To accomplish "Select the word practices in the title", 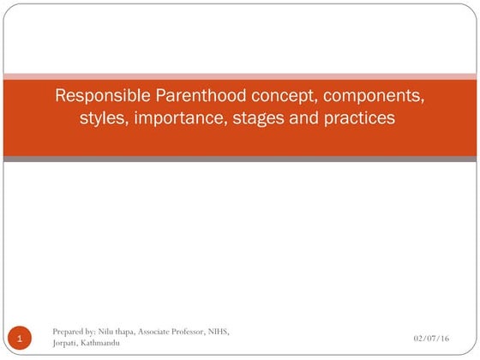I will coord(357,118).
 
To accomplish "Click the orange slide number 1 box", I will coord(21,339).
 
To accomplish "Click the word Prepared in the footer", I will coord(68,332).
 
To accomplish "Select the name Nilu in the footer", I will coord(108,332).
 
